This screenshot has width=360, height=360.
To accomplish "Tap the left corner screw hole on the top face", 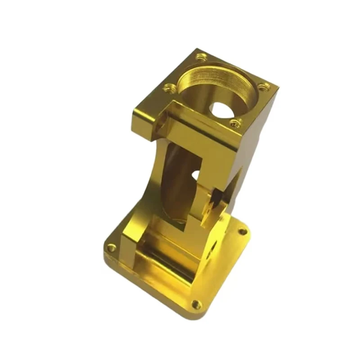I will pos(170,88).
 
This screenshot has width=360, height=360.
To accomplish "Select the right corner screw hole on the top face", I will pos(265,86).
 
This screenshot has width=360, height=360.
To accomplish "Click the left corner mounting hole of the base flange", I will pos(111,247).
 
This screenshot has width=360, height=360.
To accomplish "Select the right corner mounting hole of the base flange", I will pos(243,231).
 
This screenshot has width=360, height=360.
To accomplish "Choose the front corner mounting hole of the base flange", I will pos(196,305).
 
